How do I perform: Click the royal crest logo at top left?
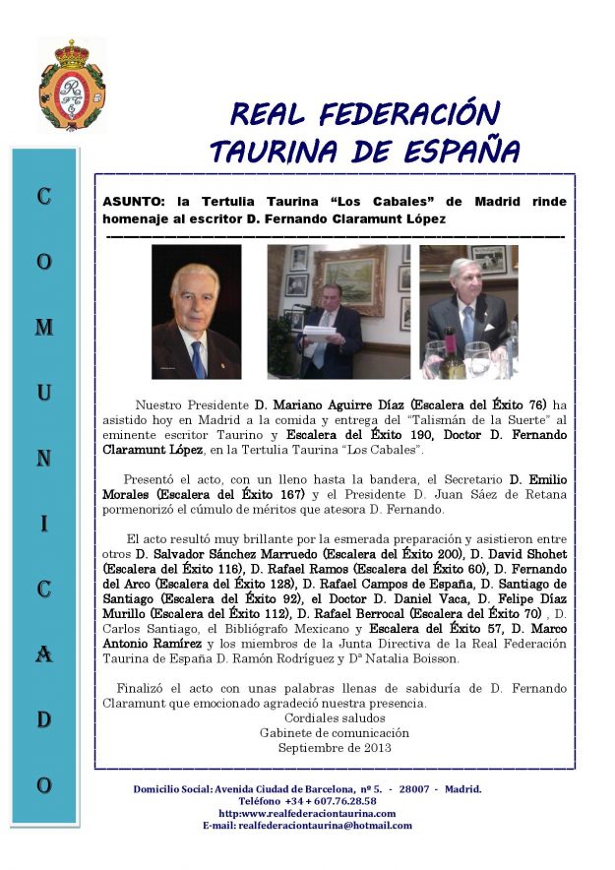pyautogui.click(x=72, y=86)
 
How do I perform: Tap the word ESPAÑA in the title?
pyautogui.click(x=461, y=152)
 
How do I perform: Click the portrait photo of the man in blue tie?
pyautogui.click(x=196, y=312)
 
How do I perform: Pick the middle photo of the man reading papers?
pyautogui.click(x=338, y=312)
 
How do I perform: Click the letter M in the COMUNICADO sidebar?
pyautogui.click(x=43, y=327)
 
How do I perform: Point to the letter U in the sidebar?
pyautogui.click(x=43, y=393)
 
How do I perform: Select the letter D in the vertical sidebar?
pyautogui.click(x=43, y=719)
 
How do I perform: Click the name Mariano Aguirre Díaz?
pyautogui.click(x=331, y=404)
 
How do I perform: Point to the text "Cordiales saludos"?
pyautogui.click(x=335, y=717)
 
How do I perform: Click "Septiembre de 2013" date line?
pyautogui.click(x=335, y=747)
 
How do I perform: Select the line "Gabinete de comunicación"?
pyautogui.click(x=335, y=732)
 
